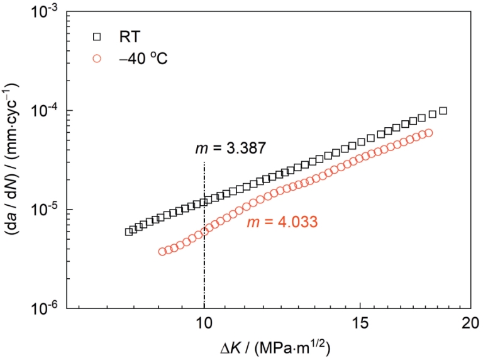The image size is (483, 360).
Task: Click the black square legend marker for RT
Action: pos(97,37)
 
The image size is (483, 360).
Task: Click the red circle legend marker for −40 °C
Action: pos(97,59)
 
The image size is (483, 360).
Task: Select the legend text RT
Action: pos(130,37)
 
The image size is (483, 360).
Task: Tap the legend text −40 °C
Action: pos(143,59)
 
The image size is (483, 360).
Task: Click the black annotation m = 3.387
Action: pos(230,149)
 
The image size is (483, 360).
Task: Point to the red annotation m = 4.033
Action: pos(282,222)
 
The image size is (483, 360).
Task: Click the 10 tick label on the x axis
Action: pos(204,323)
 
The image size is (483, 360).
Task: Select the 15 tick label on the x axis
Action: pos(360,323)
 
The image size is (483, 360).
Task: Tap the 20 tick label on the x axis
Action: pos(470,323)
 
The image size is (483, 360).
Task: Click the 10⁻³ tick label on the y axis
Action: pos(48,14)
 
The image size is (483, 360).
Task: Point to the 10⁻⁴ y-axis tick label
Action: pos(48,113)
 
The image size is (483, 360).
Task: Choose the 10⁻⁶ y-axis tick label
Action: pos(48,310)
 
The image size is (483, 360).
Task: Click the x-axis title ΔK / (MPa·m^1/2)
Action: pos(275,347)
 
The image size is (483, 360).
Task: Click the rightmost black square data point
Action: pos(443,111)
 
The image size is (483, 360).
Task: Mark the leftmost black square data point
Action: pos(129,232)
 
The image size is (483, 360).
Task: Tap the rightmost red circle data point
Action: pos(428,133)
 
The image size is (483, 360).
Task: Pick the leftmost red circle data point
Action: pos(162,252)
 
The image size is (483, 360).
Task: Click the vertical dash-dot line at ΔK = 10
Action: pos(204,235)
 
